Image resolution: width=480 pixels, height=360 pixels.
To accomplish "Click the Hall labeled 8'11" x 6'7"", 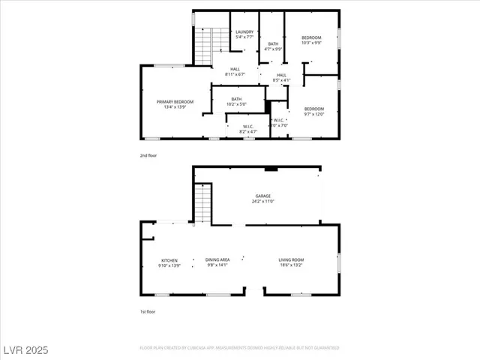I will click(235, 72).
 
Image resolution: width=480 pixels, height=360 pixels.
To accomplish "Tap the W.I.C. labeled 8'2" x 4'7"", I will click(247, 128).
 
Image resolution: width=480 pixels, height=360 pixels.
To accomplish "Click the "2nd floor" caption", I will click(148, 155).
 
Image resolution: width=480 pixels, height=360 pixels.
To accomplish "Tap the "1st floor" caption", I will click(148, 311).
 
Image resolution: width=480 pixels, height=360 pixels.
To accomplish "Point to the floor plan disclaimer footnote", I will click(239, 348).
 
